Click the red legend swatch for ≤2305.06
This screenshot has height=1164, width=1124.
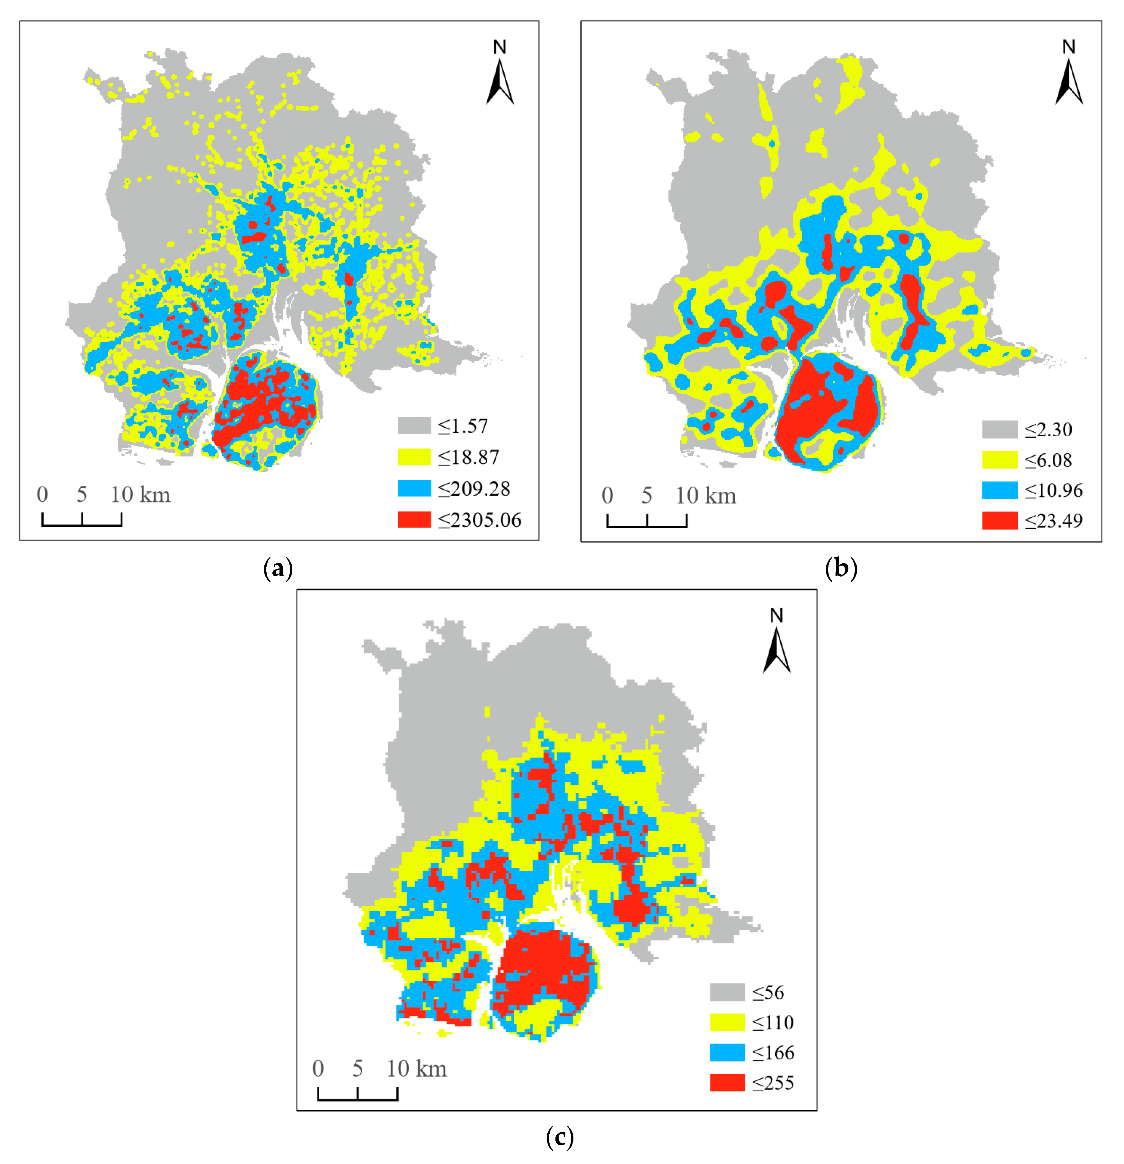tap(414, 520)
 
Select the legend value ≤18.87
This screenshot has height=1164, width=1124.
tap(468, 457)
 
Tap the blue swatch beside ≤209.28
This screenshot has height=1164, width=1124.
tap(414, 488)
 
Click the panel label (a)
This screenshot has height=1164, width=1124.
tap(278, 568)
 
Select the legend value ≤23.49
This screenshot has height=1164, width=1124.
tap(1053, 521)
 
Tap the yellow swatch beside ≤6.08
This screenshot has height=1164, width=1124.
tap(999, 460)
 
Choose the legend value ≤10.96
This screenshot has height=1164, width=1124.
tap(1053, 491)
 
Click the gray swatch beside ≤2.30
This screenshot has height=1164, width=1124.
tap(999, 429)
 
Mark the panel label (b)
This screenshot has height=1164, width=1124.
tap(841, 568)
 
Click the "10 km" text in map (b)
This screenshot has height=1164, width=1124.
tap(706, 496)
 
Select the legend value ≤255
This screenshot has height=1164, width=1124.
tap(773, 1083)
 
